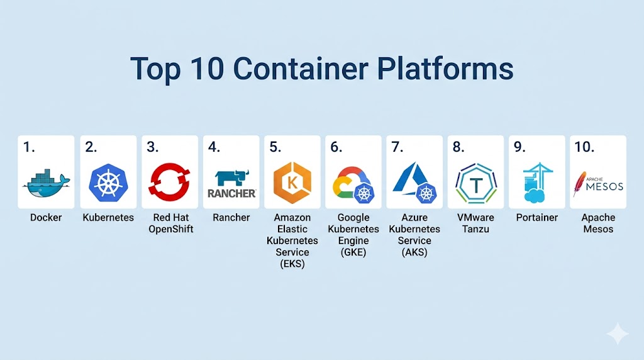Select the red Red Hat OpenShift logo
click(169, 181)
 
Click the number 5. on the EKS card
click(275, 147)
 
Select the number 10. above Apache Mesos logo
click(584, 147)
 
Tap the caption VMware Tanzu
click(476, 223)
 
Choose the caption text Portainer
click(536, 218)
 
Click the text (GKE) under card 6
click(353, 252)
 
